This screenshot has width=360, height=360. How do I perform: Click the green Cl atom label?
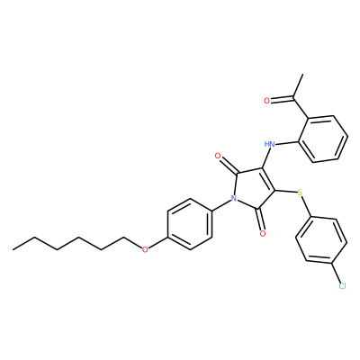[x=342, y=286]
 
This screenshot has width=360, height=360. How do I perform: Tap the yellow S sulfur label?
[x=300, y=193]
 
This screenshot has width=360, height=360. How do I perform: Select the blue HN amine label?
[x=270, y=144]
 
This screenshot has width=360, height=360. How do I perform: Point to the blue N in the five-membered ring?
[x=234, y=198]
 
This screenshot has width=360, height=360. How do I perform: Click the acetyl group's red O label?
[x=266, y=101]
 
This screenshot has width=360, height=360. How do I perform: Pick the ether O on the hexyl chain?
[x=145, y=249]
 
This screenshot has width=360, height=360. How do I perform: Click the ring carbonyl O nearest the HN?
[x=218, y=156]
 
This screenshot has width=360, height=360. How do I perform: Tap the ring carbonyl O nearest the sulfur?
[x=263, y=233]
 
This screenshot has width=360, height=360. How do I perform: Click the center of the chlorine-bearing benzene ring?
[x=321, y=240]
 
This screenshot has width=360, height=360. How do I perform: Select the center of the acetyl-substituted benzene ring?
[x=323, y=139]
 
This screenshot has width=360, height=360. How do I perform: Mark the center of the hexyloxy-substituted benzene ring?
[x=190, y=224]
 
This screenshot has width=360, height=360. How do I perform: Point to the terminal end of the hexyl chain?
[x=13, y=249]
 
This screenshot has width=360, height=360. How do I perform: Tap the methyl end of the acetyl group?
[x=303, y=74]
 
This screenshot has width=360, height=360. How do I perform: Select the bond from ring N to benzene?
[x=221, y=205]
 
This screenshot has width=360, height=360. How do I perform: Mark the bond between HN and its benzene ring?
[x=287, y=143]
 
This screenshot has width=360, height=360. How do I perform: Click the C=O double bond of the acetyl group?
[x=282, y=98]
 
